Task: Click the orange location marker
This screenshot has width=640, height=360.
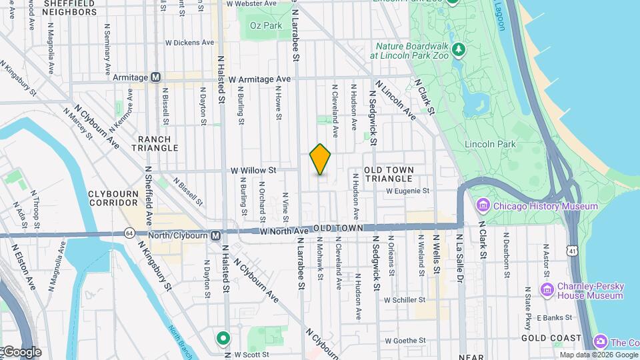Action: coord(321,159)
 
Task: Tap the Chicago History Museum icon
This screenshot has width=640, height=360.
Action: coord(483,206)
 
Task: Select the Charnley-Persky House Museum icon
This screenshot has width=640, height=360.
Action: coord(547,290)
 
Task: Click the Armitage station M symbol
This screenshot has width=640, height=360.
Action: coord(156,77)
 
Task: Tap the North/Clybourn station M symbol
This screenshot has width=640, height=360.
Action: coord(215,236)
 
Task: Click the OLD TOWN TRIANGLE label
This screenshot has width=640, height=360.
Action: coord(389,175)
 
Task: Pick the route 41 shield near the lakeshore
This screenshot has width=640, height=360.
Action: coord(572,250)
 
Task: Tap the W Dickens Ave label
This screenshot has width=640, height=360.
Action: coord(190,42)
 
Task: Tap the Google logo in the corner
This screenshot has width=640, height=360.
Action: coord(21,351)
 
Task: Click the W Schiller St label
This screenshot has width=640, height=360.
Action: coord(405,300)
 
